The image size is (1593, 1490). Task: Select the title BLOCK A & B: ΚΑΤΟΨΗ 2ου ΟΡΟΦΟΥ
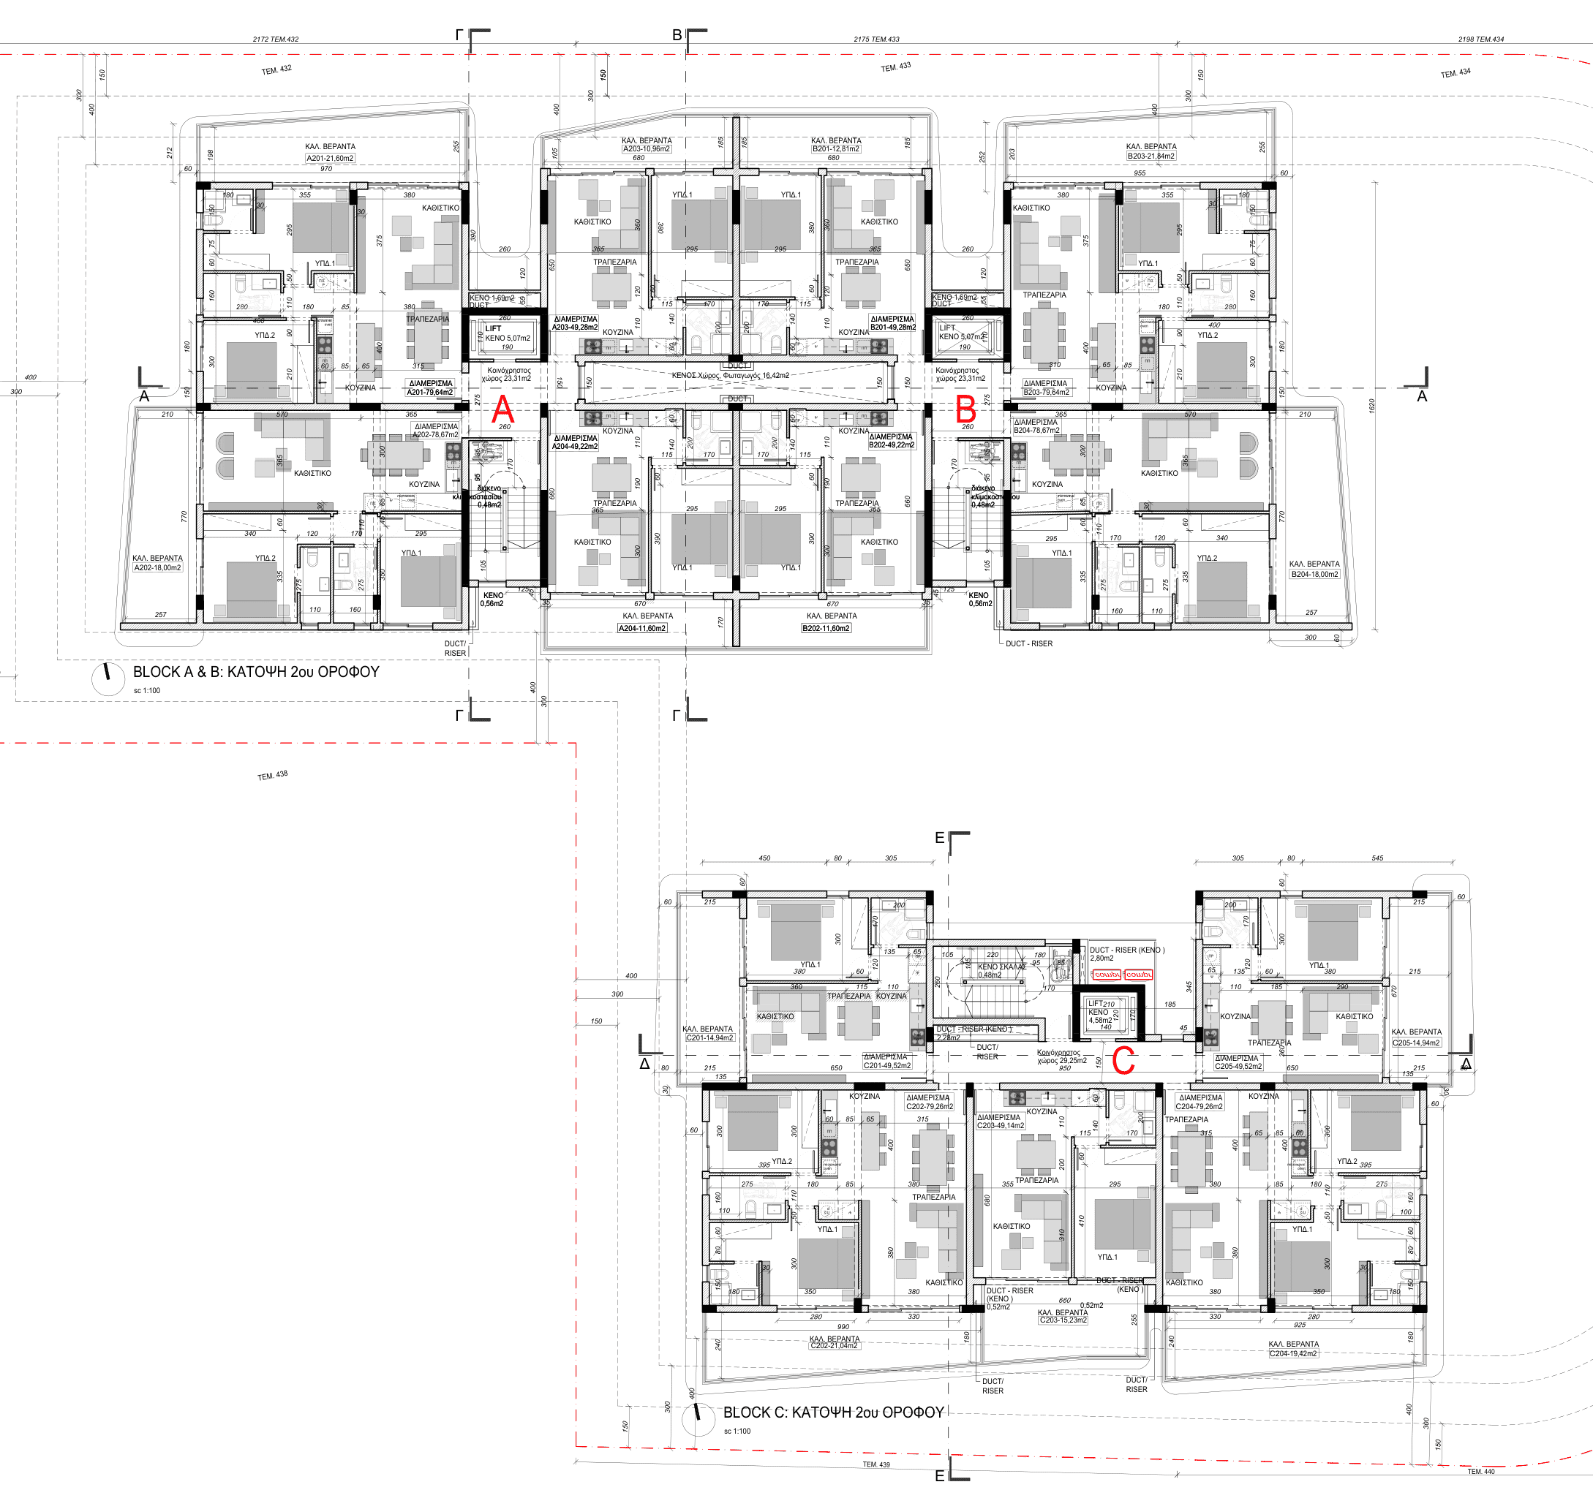[255, 672]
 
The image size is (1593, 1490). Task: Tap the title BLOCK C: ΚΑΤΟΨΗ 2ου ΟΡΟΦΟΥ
[833, 1413]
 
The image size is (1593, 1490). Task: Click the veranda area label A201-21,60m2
[329, 159]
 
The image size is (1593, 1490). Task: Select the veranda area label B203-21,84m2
[1150, 156]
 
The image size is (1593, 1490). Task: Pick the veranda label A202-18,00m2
[157, 568]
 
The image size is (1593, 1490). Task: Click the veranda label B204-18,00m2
[1314, 574]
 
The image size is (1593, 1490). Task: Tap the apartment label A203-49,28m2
[575, 327]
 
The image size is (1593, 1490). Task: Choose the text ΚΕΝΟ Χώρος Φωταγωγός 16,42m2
[730, 375]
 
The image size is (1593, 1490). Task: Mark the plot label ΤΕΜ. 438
[272, 776]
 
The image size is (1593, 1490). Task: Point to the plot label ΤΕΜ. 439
[875, 1464]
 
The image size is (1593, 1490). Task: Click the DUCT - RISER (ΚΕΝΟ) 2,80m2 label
[1126, 953]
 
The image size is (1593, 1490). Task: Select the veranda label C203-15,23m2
[1063, 1320]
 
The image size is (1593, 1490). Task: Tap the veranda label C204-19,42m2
[1293, 1354]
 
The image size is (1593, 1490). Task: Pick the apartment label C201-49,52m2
[886, 1065]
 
